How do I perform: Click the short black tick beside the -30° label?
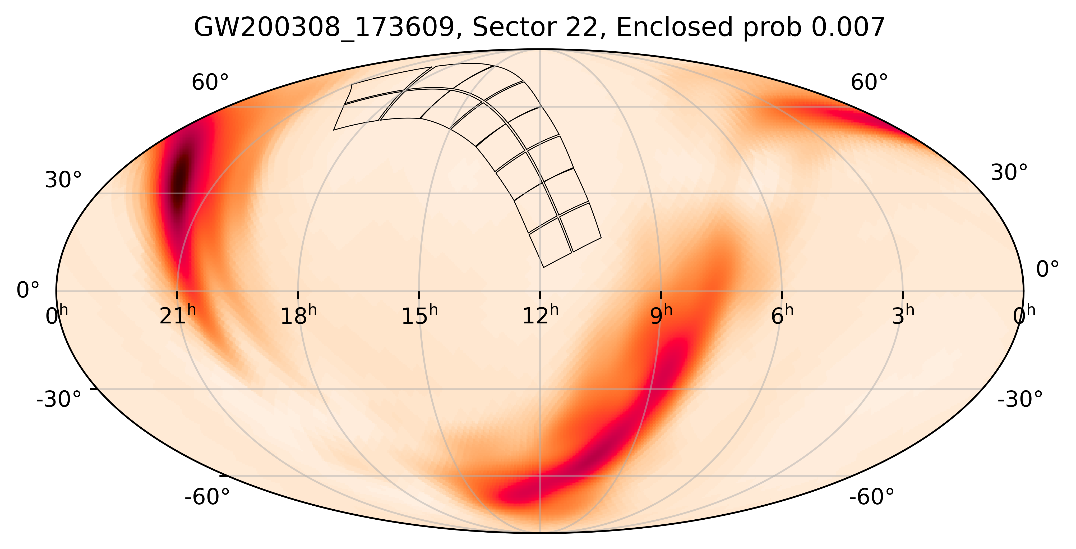tap(94, 389)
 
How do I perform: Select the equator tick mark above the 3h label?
tap(903, 295)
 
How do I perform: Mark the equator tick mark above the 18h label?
tap(298, 295)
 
